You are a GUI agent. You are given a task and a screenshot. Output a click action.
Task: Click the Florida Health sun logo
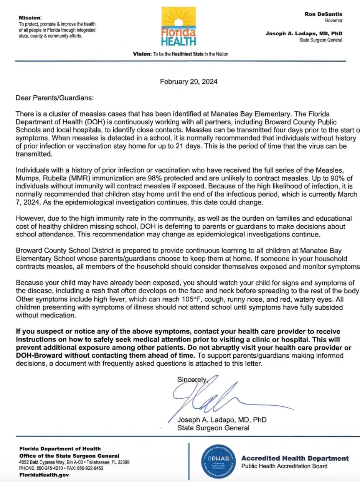point(178,26)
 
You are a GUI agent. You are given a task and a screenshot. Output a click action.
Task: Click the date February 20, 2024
point(188,81)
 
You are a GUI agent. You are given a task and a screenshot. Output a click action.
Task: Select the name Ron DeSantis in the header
point(324,14)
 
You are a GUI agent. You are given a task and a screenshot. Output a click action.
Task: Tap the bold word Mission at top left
point(30,18)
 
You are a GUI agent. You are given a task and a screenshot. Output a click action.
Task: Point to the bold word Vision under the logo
point(142,54)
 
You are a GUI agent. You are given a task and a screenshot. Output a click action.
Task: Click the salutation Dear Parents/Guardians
point(54,98)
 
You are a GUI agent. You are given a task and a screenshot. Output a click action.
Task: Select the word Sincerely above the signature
point(192,380)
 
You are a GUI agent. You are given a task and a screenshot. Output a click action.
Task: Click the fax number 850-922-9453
point(89,468)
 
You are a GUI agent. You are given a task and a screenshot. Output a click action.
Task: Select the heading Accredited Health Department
point(295,458)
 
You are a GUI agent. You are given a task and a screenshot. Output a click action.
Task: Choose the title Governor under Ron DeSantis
point(334,20)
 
